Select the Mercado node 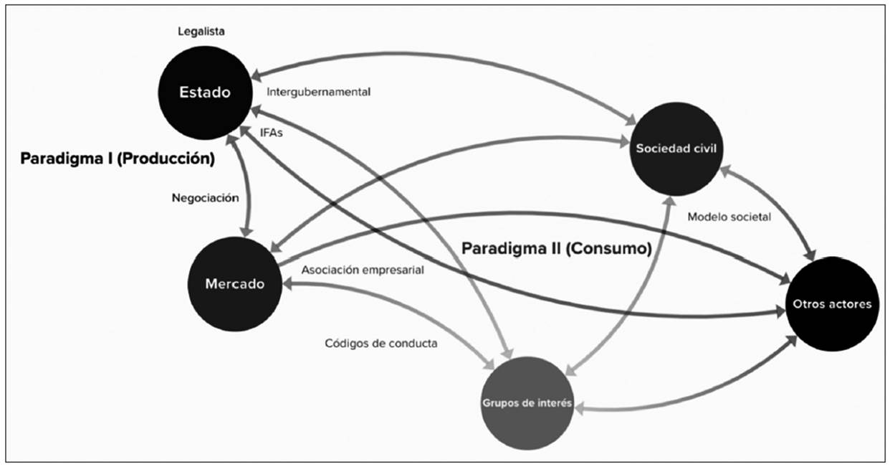234,283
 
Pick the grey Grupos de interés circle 527,402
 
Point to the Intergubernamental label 318,92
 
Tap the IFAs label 272,131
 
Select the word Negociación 205,199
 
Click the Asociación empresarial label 363,270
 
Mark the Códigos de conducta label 381,343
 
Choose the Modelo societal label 729,216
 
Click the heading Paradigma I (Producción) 118,159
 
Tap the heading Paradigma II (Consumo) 556,249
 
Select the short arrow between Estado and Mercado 246,188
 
